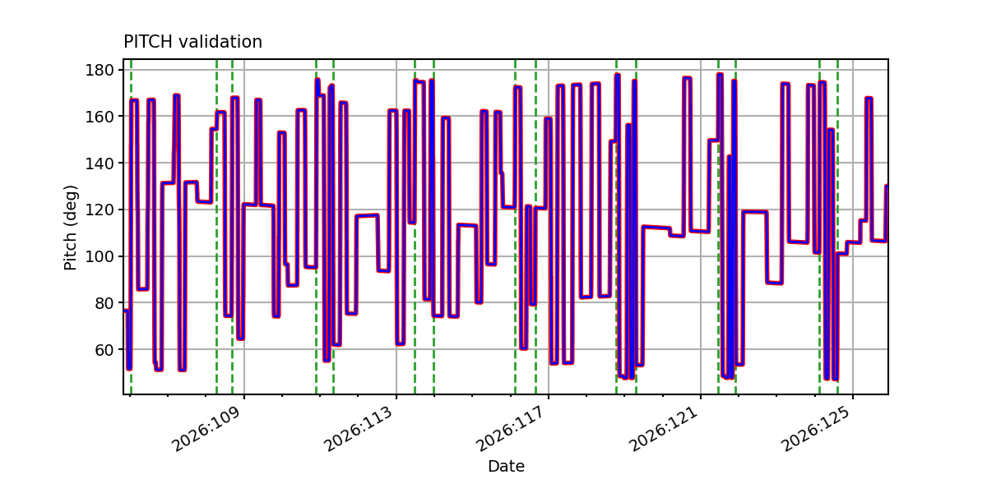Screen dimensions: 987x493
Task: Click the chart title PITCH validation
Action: [192, 42]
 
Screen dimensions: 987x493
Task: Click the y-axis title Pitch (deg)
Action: [71, 228]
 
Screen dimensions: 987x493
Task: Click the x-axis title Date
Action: [506, 466]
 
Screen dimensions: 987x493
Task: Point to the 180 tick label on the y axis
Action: [100, 70]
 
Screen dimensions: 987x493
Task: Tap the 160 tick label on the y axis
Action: [100, 117]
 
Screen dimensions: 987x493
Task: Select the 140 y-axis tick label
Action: [100, 164]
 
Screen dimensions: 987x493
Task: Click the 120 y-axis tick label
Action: [100, 210]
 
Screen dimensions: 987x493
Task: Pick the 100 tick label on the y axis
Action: [100, 256]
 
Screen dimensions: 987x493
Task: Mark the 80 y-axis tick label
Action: [104, 303]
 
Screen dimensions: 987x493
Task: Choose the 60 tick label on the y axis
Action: [104, 350]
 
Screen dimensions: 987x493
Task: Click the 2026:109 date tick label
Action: [206, 429]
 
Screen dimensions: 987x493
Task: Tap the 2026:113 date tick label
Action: [359, 429]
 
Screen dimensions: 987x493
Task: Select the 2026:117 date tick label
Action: [510, 429]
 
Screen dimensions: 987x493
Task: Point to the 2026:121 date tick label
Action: [663, 429]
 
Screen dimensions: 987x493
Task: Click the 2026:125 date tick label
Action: [815, 429]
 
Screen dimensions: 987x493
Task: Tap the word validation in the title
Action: [220, 42]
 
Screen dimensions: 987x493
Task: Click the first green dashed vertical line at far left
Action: [131, 227]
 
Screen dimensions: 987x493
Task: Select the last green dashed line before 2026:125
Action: [837, 227]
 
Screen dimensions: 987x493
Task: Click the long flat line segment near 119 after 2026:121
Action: [755, 212]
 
